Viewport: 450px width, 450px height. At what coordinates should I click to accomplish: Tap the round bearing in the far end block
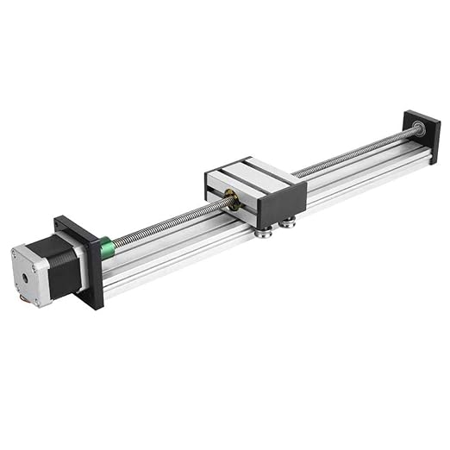click(x=419, y=128)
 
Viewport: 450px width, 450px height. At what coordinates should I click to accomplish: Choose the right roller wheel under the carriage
click(x=288, y=223)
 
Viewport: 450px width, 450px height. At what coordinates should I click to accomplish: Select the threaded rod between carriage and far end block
click(x=353, y=155)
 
